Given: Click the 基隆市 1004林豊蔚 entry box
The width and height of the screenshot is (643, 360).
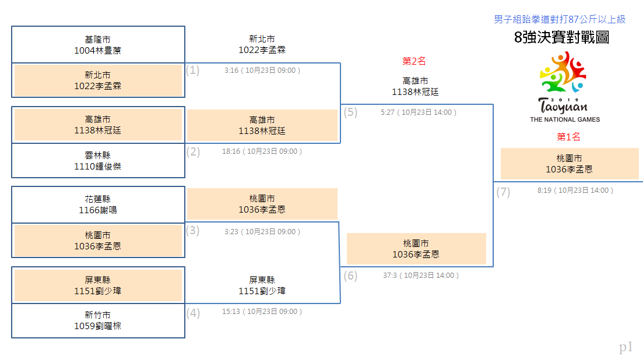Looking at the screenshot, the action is [98, 45].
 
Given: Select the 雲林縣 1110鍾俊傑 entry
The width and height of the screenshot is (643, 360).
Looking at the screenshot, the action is [98, 161].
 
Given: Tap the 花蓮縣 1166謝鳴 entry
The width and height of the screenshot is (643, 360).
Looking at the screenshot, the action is [98, 205].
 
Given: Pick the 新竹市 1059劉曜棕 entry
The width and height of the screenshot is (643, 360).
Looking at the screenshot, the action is [98, 320].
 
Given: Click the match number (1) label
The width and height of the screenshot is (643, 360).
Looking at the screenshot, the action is [193, 70].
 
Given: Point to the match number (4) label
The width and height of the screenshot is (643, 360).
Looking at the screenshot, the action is [193, 313].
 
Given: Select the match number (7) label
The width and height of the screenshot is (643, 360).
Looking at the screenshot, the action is [503, 192].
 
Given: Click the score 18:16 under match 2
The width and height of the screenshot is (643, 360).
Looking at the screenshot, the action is [231, 151].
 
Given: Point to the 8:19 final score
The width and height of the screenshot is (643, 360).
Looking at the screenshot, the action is [544, 190].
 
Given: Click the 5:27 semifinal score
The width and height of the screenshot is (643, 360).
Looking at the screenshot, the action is [388, 112].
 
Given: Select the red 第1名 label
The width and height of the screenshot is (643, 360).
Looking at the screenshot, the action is [568, 137].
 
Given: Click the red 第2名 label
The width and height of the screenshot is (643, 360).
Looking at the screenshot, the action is [414, 61].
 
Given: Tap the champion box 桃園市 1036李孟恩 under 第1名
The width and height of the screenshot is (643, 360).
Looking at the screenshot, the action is [570, 164].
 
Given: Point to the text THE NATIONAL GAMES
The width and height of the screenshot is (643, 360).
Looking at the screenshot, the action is [565, 119].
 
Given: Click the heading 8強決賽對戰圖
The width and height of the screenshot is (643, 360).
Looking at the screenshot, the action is [561, 37].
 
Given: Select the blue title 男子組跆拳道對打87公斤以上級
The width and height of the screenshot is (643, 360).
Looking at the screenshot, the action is [560, 19].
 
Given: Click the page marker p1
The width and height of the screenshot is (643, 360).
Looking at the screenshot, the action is [626, 347].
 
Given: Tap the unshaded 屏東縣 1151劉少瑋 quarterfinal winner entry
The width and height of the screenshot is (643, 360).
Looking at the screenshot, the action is [262, 285].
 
